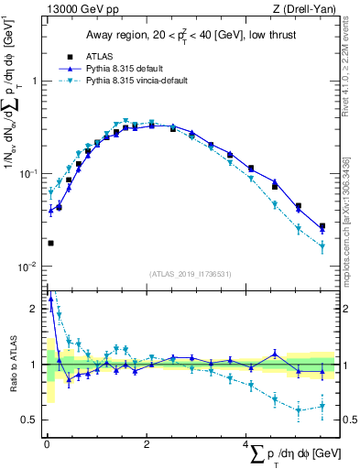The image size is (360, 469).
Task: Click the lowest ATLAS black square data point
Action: (49, 243)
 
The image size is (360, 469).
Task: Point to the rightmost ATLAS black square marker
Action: (322, 226)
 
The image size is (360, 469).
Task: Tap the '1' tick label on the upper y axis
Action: (34, 81)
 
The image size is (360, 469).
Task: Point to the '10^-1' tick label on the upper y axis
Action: (29, 173)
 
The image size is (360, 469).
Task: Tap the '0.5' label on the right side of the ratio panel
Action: (348, 420)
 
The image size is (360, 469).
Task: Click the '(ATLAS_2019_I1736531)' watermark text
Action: (189, 272)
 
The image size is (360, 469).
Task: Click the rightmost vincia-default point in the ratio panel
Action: (322, 407)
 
